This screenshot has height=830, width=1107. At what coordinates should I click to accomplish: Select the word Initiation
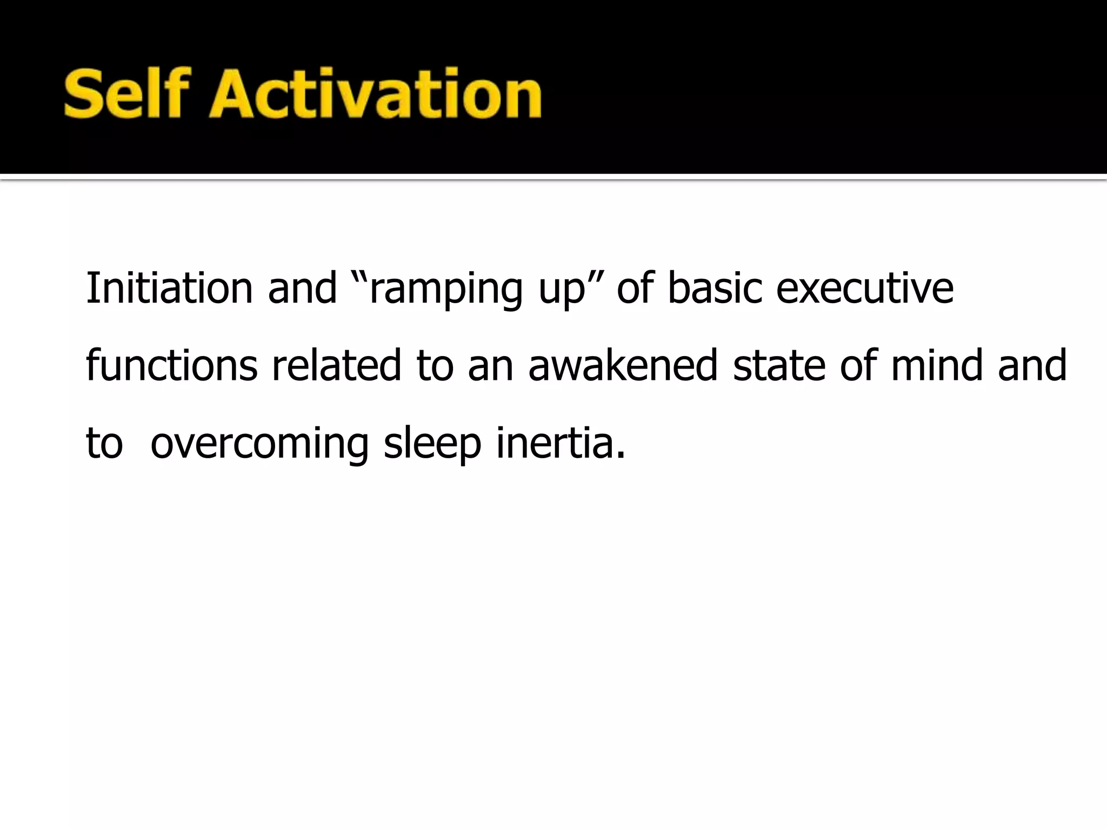169,288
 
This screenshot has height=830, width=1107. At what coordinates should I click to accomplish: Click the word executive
865,288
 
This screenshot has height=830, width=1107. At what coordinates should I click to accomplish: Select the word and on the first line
302,288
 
